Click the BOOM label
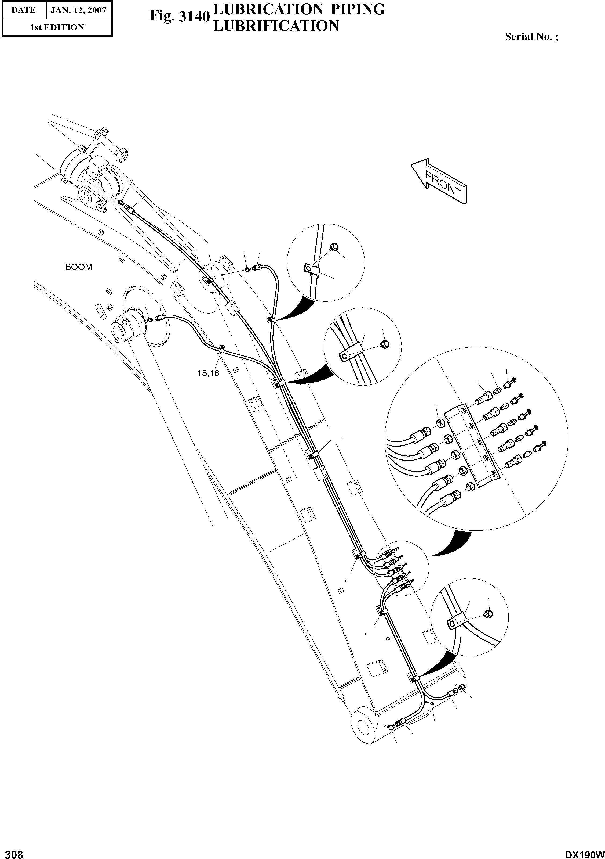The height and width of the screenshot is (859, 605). tap(78, 267)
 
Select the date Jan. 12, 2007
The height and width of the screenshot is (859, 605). tap(78, 10)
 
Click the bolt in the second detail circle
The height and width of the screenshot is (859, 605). tap(385, 343)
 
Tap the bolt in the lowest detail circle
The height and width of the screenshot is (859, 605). tap(488, 613)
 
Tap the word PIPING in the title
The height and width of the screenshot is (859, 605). tap(356, 9)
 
